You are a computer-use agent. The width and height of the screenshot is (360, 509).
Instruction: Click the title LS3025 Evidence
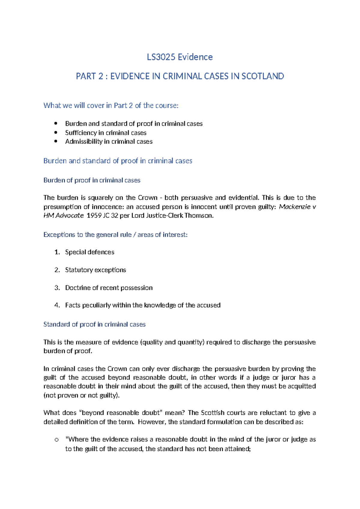click(x=180, y=57)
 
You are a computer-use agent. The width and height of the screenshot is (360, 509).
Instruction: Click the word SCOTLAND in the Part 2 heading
click(x=262, y=76)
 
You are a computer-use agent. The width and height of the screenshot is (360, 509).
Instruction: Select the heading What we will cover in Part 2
click(x=111, y=105)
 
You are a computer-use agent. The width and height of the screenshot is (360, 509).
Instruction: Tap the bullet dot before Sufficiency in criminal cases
click(x=55, y=133)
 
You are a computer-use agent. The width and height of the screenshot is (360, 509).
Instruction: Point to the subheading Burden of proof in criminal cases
click(x=92, y=180)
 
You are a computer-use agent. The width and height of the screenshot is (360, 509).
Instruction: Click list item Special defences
click(x=89, y=252)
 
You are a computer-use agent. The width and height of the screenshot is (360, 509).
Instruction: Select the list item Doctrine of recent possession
click(x=109, y=288)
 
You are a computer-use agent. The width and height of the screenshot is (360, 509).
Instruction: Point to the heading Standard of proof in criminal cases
click(x=94, y=324)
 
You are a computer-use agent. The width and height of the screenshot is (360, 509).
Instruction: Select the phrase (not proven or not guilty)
click(x=82, y=395)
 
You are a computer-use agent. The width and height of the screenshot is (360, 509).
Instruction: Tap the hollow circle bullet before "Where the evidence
click(x=56, y=440)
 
